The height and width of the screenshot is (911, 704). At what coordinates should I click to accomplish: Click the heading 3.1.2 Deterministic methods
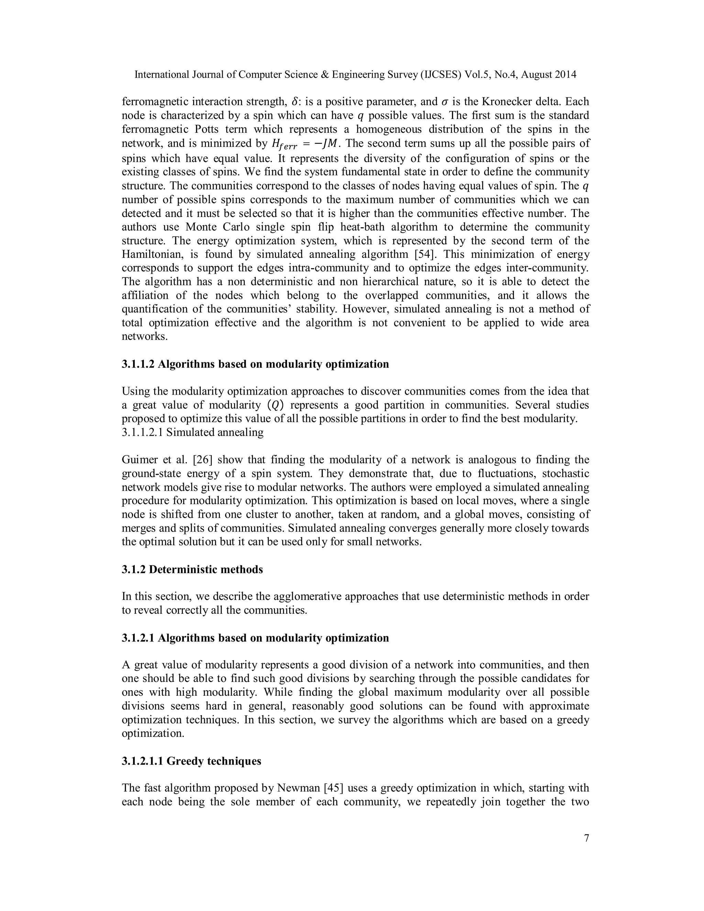(192, 569)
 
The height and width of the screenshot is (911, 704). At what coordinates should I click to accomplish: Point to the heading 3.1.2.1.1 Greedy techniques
(191, 761)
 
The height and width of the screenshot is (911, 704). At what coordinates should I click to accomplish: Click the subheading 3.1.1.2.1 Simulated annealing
(193, 432)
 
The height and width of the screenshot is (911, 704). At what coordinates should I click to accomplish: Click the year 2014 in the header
(566, 75)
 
